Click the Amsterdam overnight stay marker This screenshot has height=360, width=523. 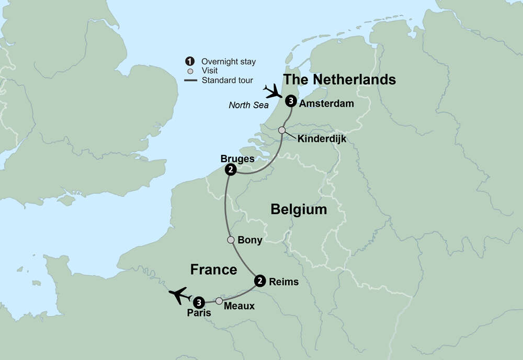pyautogui.click(x=291, y=103)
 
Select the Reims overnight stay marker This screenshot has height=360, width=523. pyautogui.click(x=259, y=282)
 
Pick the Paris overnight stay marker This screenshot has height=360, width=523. pyautogui.click(x=199, y=302)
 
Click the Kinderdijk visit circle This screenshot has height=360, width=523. pyautogui.click(x=282, y=130)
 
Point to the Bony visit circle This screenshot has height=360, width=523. pyautogui.click(x=231, y=240)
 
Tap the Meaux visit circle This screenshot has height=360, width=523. pyautogui.click(x=219, y=301)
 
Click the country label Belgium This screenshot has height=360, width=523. pyautogui.click(x=299, y=210)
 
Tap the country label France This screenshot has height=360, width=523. pyautogui.click(x=213, y=269)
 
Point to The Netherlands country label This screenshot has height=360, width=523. pyautogui.click(x=339, y=80)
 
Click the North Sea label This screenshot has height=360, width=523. pyautogui.click(x=248, y=105)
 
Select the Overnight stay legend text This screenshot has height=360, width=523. pyautogui.click(x=229, y=62)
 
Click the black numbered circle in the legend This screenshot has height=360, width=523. pyautogui.click(x=190, y=61)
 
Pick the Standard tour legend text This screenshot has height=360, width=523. pyautogui.click(x=228, y=81)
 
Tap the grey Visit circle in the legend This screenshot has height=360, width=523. pyautogui.click(x=190, y=71)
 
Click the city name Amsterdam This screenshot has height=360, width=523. pyautogui.click(x=326, y=104)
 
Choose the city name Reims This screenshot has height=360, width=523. pyautogui.click(x=283, y=282)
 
